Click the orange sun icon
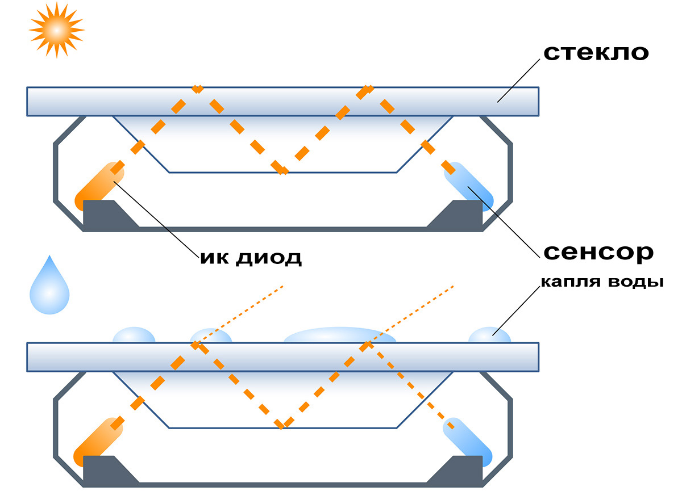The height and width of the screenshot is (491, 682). point(56,29)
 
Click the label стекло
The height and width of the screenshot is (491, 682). point(596,52)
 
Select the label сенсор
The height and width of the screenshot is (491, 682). point(598,252)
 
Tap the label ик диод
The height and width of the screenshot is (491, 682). point(250,258)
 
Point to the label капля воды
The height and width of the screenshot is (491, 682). point(601,282)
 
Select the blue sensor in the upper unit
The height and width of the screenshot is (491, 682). point(469,186)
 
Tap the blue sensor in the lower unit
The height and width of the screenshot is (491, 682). point(469,441)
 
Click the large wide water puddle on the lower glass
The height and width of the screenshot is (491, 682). point(340,336)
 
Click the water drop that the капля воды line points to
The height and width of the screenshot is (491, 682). point(489,335)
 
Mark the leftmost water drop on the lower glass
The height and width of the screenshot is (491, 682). point(134,335)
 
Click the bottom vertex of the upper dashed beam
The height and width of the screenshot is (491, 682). point(282,171)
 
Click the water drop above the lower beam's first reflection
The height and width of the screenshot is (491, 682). point(210,336)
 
